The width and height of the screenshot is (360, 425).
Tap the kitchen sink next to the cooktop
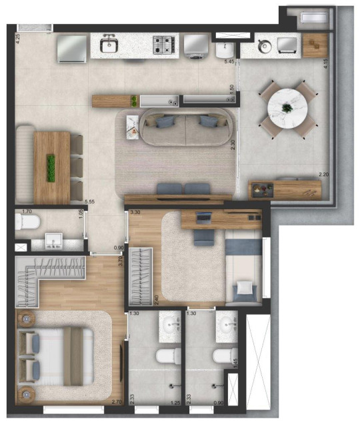pyautogui.click(x=109, y=45)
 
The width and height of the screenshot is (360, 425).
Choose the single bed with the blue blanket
pyautogui.click(x=242, y=270)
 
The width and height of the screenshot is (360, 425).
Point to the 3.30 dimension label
pyautogui.click(x=135, y=212)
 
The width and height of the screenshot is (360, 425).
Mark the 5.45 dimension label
pyautogui.click(x=229, y=62)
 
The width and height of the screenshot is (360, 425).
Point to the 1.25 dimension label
pyautogui.click(x=175, y=402)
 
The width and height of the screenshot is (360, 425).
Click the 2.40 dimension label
pyautogui.click(x=157, y=300)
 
